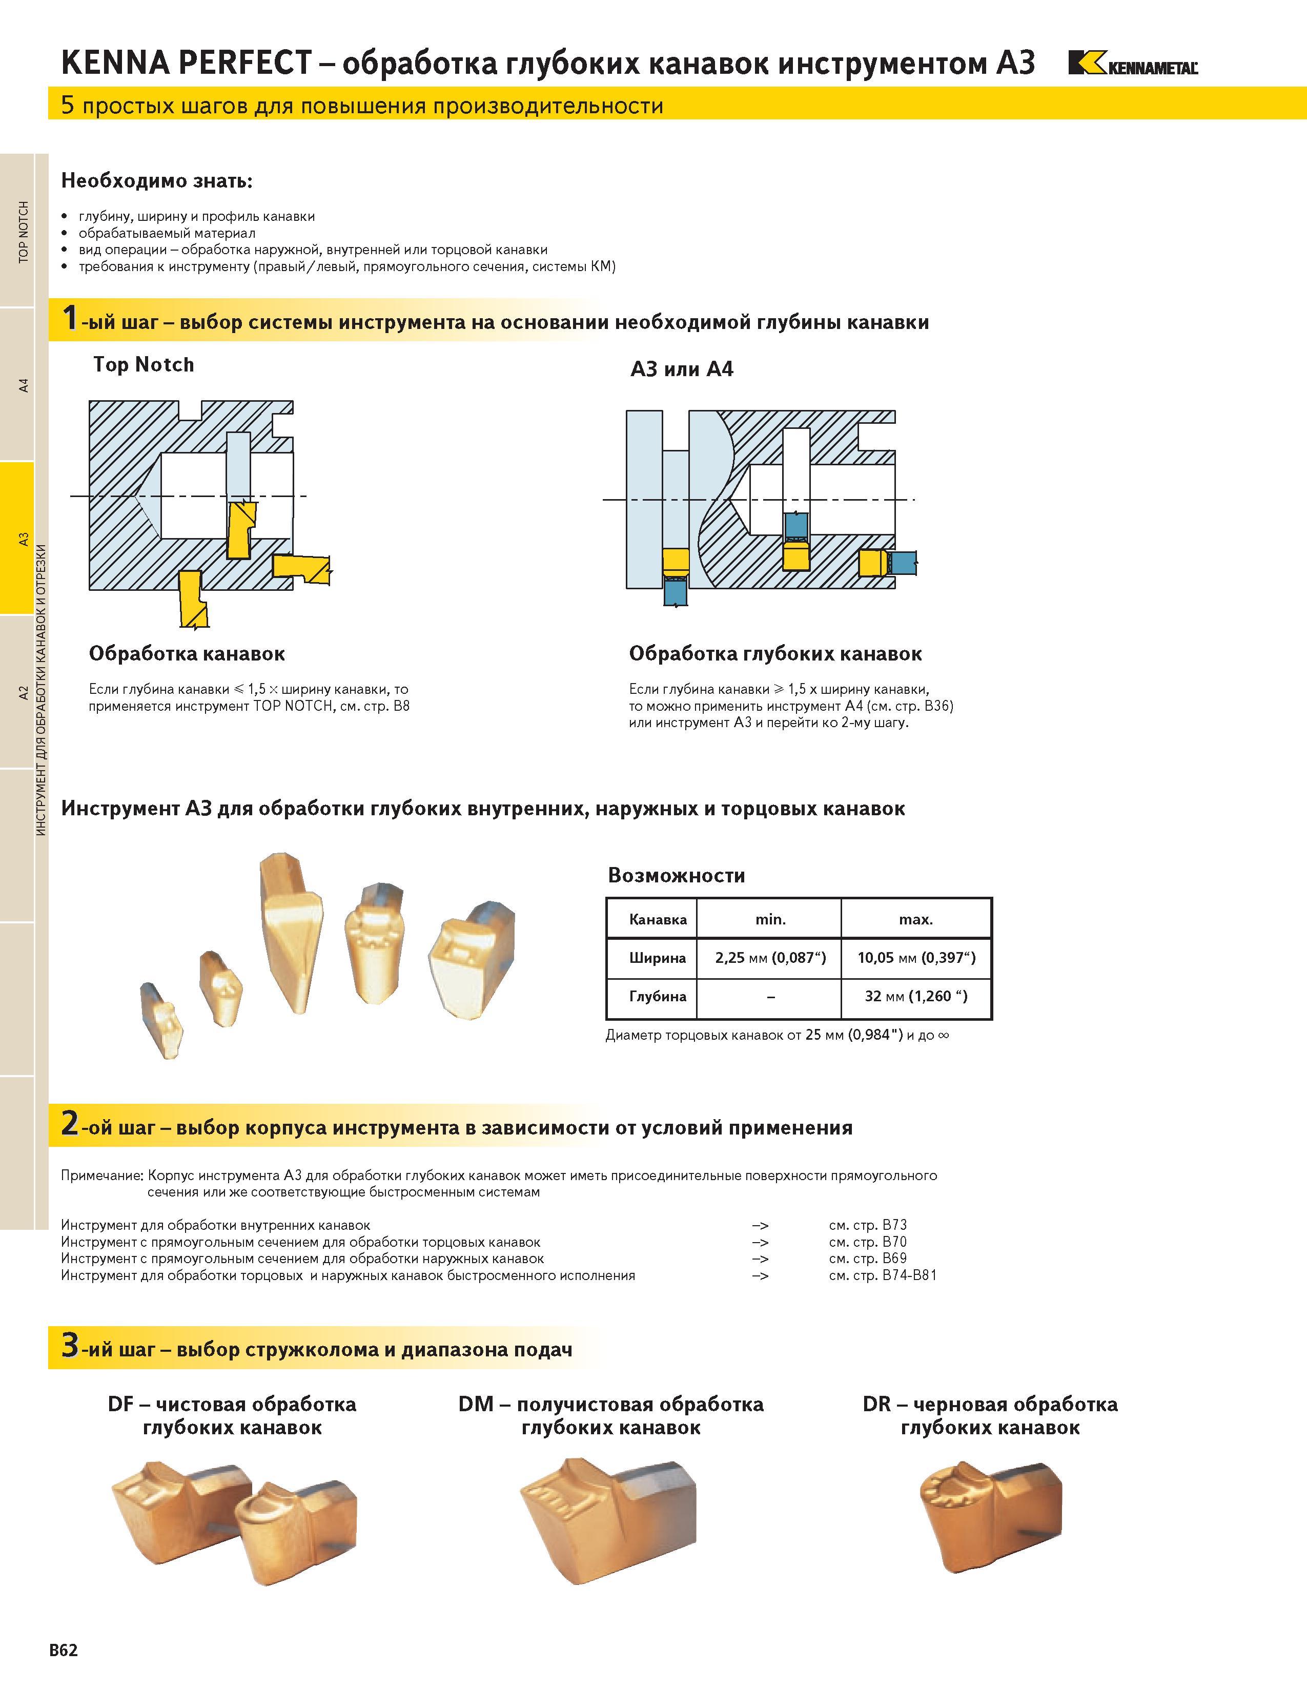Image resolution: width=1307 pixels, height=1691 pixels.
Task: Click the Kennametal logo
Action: (1133, 63)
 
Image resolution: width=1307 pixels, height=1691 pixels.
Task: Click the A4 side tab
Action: (23, 385)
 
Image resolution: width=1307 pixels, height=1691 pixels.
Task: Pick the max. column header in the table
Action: (916, 919)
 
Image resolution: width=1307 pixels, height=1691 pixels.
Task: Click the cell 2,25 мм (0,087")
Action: (770, 958)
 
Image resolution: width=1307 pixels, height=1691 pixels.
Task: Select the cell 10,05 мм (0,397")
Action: (916, 958)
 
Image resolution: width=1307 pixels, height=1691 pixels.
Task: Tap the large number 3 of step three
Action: (70, 1345)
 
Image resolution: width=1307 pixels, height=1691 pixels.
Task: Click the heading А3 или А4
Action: (681, 369)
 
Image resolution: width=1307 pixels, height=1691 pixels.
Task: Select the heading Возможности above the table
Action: (676, 876)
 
